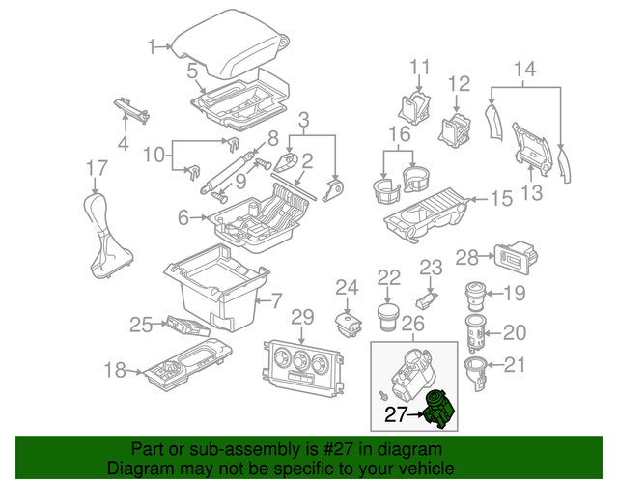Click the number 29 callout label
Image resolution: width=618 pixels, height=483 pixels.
tap(302, 318)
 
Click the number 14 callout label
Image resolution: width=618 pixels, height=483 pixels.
tap(523, 69)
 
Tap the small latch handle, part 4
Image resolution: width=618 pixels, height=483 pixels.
tap(128, 111)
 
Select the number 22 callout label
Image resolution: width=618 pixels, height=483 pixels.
tap(388, 277)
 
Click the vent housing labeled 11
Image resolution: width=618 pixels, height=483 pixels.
tap(416, 105)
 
